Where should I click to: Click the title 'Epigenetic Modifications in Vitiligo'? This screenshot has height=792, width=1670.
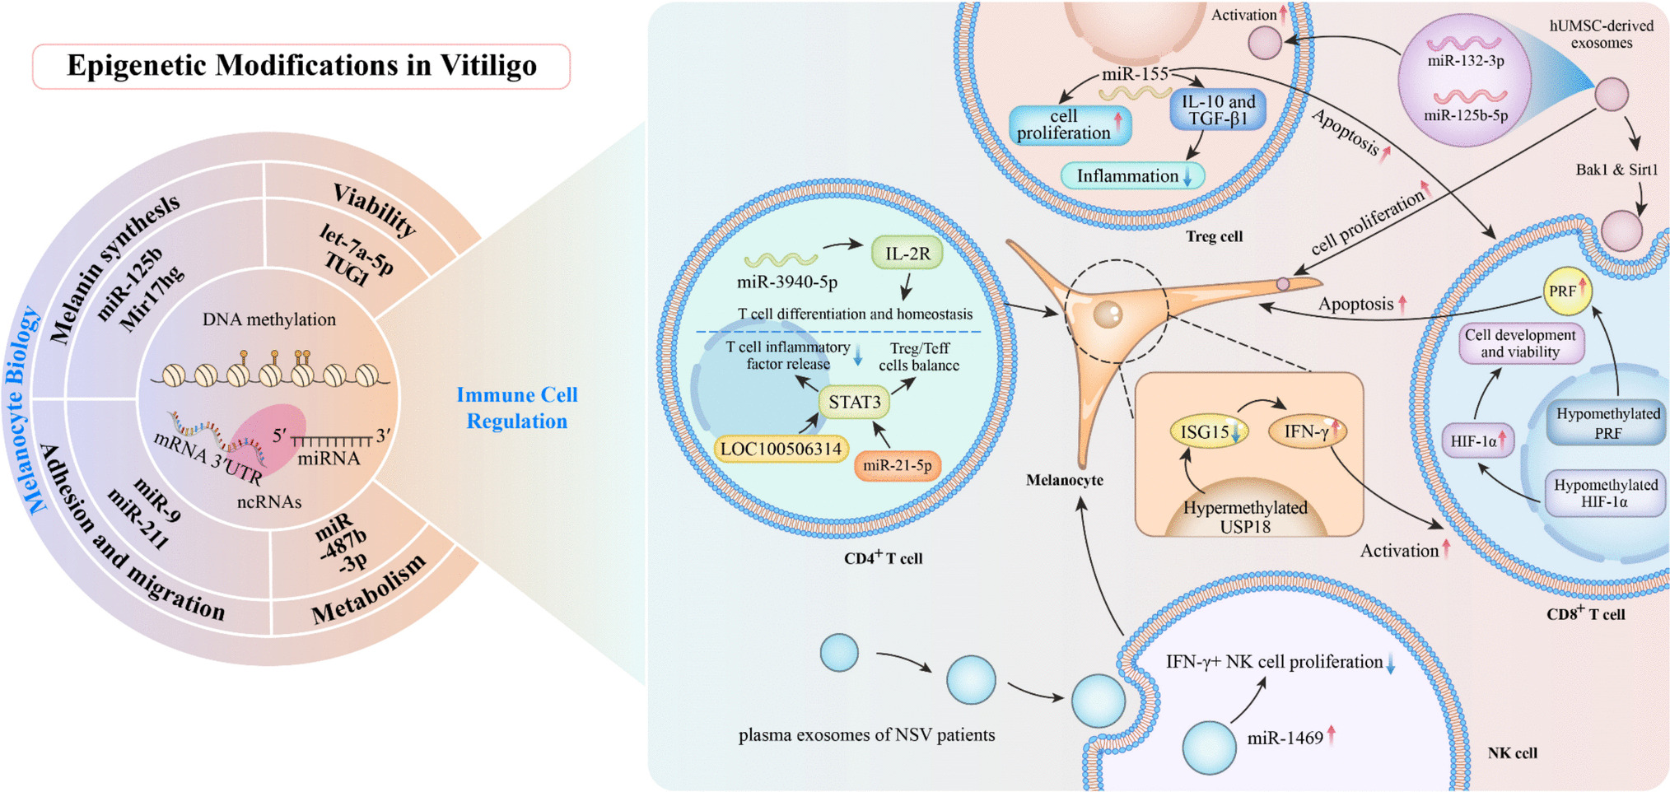[301, 66]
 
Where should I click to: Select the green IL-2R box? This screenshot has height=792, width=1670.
[907, 254]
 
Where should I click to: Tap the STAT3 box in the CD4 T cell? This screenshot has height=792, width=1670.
[854, 402]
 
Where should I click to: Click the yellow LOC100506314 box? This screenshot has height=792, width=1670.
[781, 449]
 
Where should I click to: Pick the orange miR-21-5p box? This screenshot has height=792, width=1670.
[898, 465]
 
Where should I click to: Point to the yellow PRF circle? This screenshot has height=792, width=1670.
[1566, 291]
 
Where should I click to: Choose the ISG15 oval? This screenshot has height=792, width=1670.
[1208, 432]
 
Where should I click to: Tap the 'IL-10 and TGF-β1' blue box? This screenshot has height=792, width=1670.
[1218, 110]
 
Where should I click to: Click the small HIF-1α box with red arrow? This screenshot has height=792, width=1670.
[1477, 441]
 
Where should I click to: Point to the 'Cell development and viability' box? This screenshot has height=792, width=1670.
[1520, 343]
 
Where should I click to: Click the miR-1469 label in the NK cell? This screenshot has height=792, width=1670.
[1285, 738]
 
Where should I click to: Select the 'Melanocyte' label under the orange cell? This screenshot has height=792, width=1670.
[1064, 480]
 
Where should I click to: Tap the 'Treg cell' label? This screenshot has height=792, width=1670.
[1214, 236]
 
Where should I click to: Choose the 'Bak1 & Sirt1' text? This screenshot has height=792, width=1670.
[1616, 170]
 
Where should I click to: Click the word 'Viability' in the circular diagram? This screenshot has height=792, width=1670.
[375, 209]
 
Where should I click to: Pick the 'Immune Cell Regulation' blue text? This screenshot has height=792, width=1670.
[517, 408]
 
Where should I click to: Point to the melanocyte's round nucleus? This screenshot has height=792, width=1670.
[1108, 314]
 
